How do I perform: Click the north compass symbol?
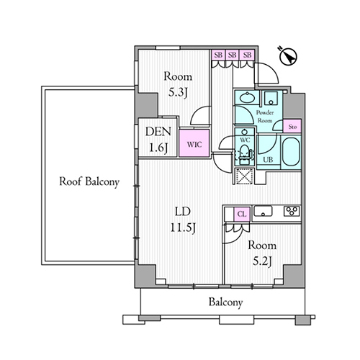coord(288,57)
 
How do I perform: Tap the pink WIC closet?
coord(194,143)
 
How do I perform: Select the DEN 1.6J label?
coord(158,140)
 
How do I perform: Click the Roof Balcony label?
coord(89,181)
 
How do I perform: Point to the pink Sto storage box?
coord(292,126)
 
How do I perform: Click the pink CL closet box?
coord(242,214)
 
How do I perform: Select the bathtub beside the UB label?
coord(291,152)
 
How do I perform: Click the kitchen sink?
coord(263,211)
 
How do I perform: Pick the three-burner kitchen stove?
coord(292,211)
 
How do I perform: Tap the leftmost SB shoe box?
coord(218,55)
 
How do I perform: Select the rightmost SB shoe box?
coord(247,55)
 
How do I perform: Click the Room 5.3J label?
coord(178,84)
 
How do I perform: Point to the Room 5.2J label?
coord(262,253)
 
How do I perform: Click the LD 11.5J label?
coord(183,219)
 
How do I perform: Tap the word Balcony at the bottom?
coord(225,302)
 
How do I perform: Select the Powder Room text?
coord(265,117)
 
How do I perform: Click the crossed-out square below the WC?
coord(244,176)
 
